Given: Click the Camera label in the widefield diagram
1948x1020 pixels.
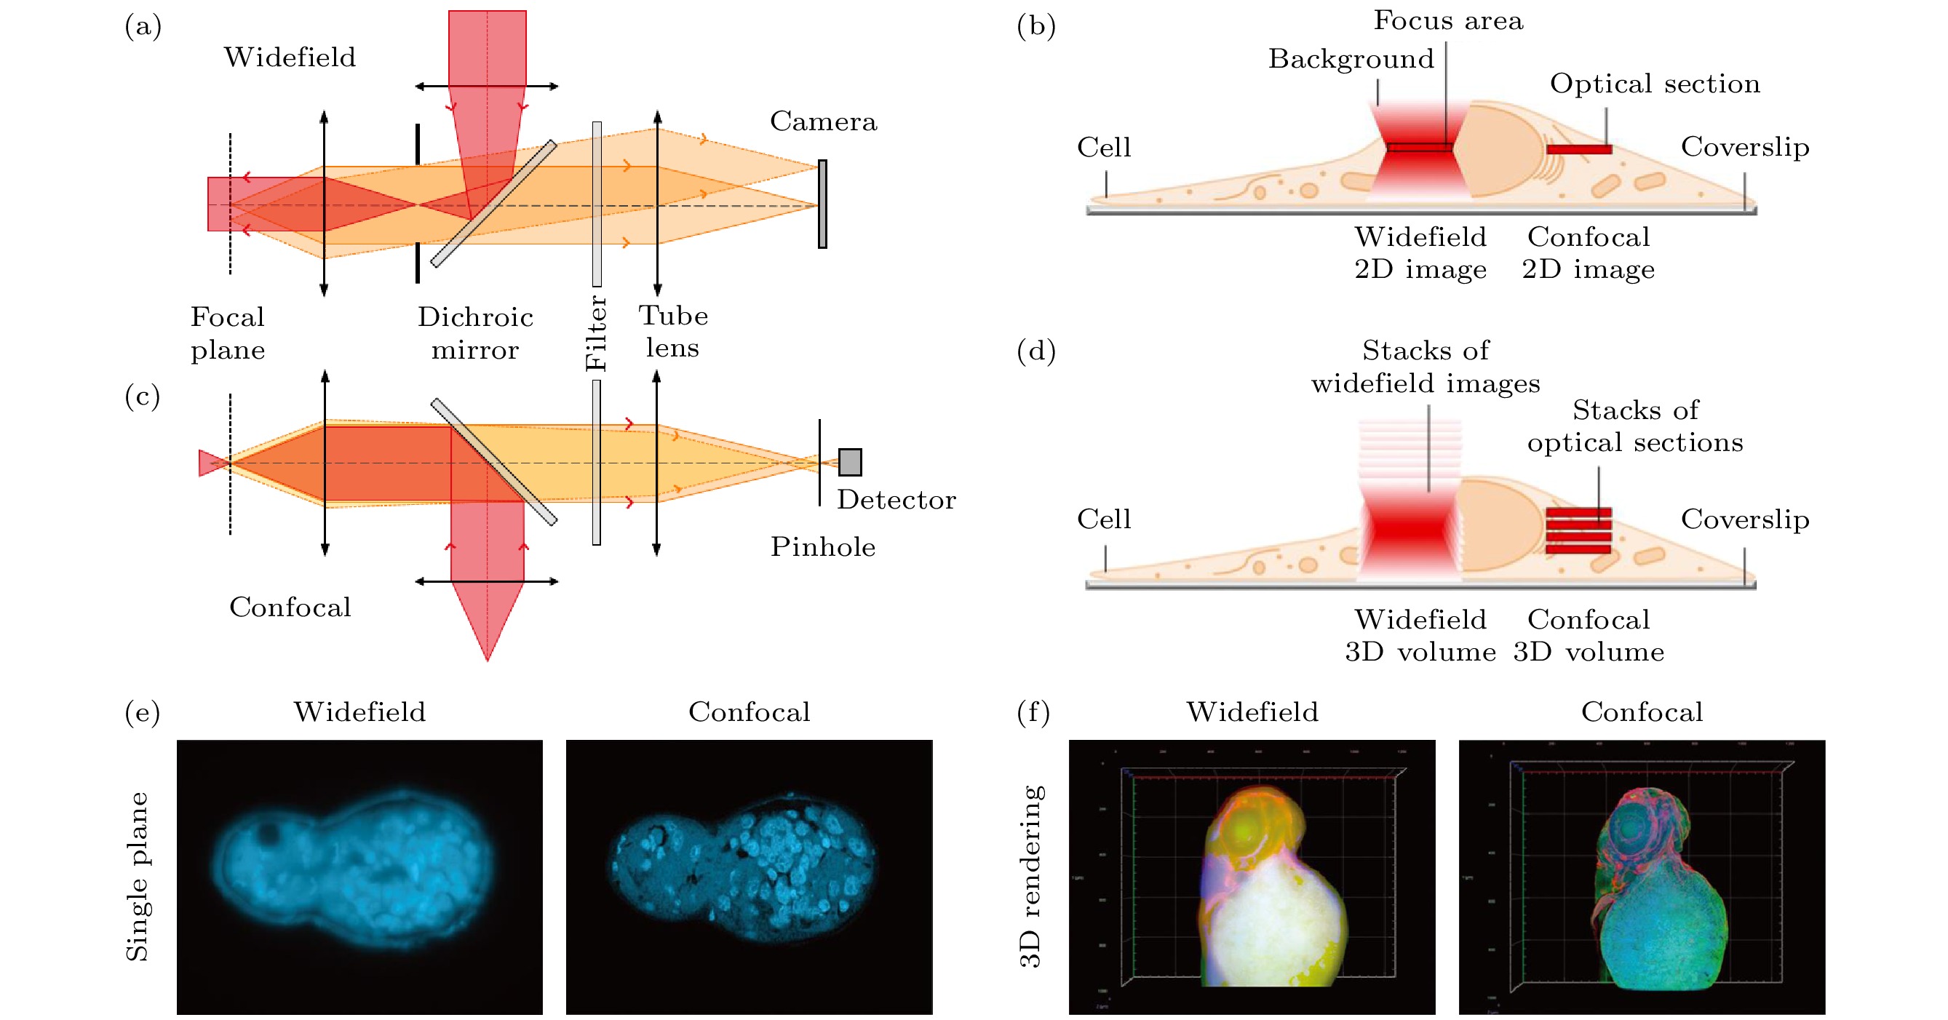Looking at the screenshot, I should pos(823,121).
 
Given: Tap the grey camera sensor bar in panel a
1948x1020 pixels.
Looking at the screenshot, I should pos(822,204).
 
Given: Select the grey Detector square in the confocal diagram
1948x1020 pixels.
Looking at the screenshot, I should pos(850,462).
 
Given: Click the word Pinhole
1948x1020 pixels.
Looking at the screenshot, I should pos(823,546).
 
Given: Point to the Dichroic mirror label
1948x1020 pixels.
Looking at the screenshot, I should pos(475,332).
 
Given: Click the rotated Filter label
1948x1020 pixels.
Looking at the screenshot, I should pos(597,332).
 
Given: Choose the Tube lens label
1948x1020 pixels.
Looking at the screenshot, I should pos(673,331).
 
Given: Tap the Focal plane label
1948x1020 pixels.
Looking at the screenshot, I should pos(228,332).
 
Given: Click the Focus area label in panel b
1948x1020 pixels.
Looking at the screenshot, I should pos(1447,20).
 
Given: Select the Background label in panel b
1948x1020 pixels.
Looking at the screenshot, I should pos(1351,59).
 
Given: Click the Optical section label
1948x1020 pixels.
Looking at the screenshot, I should pos(1655,83).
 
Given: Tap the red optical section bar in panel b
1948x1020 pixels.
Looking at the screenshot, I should pos(1579,150).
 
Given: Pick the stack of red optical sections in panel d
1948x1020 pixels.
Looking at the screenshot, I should pos(1578,531).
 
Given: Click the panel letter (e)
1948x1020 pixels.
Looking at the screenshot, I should pos(142,712).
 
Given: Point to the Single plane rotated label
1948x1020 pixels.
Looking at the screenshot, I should pos(137,877).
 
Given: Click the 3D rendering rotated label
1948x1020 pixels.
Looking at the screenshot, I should pos(1030,877).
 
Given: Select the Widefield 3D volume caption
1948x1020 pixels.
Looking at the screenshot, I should pos(1420,635).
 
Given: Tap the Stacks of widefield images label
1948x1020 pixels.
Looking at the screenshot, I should pos(1426,367).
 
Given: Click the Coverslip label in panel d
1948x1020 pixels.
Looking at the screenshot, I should pos(1744,519).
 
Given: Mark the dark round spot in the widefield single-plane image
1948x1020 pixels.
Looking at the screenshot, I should pos(267,833).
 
